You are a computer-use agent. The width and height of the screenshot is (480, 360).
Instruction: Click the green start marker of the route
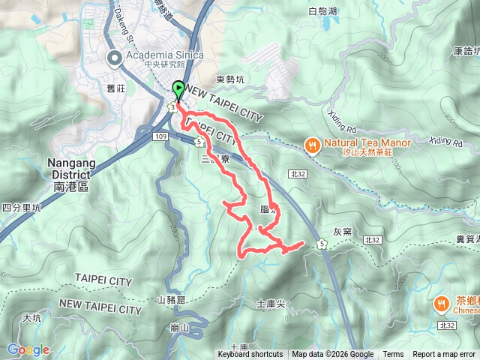pyautogui.click(x=178, y=90)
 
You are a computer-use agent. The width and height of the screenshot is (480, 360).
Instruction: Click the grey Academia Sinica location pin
pyautogui.click(x=115, y=58)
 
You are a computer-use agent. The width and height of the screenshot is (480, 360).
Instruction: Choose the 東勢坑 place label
pyautogui.click(x=229, y=79)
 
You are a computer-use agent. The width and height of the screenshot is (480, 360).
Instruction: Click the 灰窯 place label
pyautogui.click(x=341, y=232)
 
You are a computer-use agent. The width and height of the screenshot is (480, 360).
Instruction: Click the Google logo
pyautogui.click(x=28, y=349)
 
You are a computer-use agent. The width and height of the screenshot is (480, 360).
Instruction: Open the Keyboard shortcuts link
pyautogui.click(x=250, y=355)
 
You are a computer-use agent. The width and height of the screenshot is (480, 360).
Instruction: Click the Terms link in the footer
pyautogui.click(x=393, y=355)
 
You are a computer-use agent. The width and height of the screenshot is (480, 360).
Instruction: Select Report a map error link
pyautogui.click(x=445, y=355)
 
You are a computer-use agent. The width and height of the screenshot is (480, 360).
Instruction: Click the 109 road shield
pyautogui.click(x=159, y=136)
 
